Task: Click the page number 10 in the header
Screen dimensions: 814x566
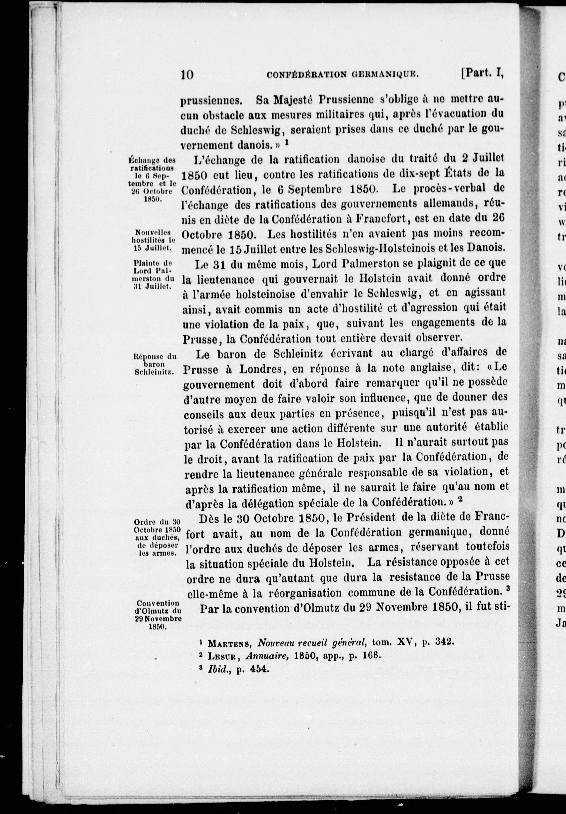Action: [187, 75]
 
